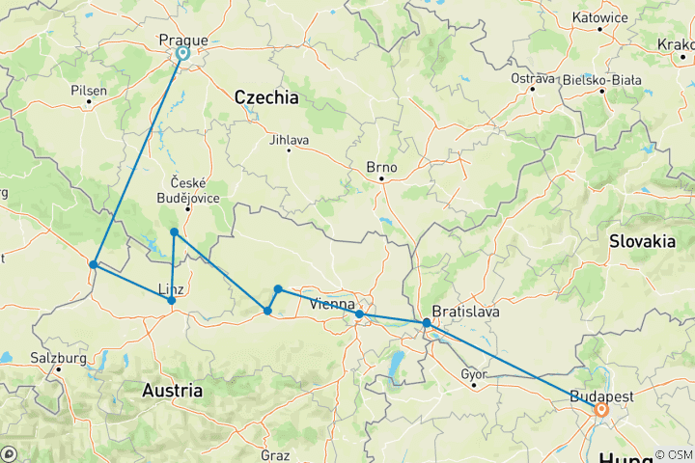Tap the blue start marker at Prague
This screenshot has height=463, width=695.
tap(181, 55)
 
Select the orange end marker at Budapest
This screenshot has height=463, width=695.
tap(600, 410)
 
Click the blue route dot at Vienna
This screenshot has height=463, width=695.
tap(359, 314)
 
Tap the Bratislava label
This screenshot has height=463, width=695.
tap(465, 312)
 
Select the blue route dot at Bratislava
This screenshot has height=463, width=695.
tap(427, 323)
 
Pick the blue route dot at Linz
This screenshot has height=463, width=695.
tap(172, 301)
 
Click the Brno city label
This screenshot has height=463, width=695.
tap(381, 166)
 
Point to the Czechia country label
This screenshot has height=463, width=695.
tap(265, 98)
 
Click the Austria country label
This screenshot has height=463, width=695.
tap(173, 391)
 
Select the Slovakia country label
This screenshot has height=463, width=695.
tap(642, 242)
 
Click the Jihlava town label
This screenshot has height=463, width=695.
tap(289, 140)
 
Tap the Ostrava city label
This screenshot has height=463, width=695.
tap(533, 78)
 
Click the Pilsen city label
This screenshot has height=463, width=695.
tap(89, 90)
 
